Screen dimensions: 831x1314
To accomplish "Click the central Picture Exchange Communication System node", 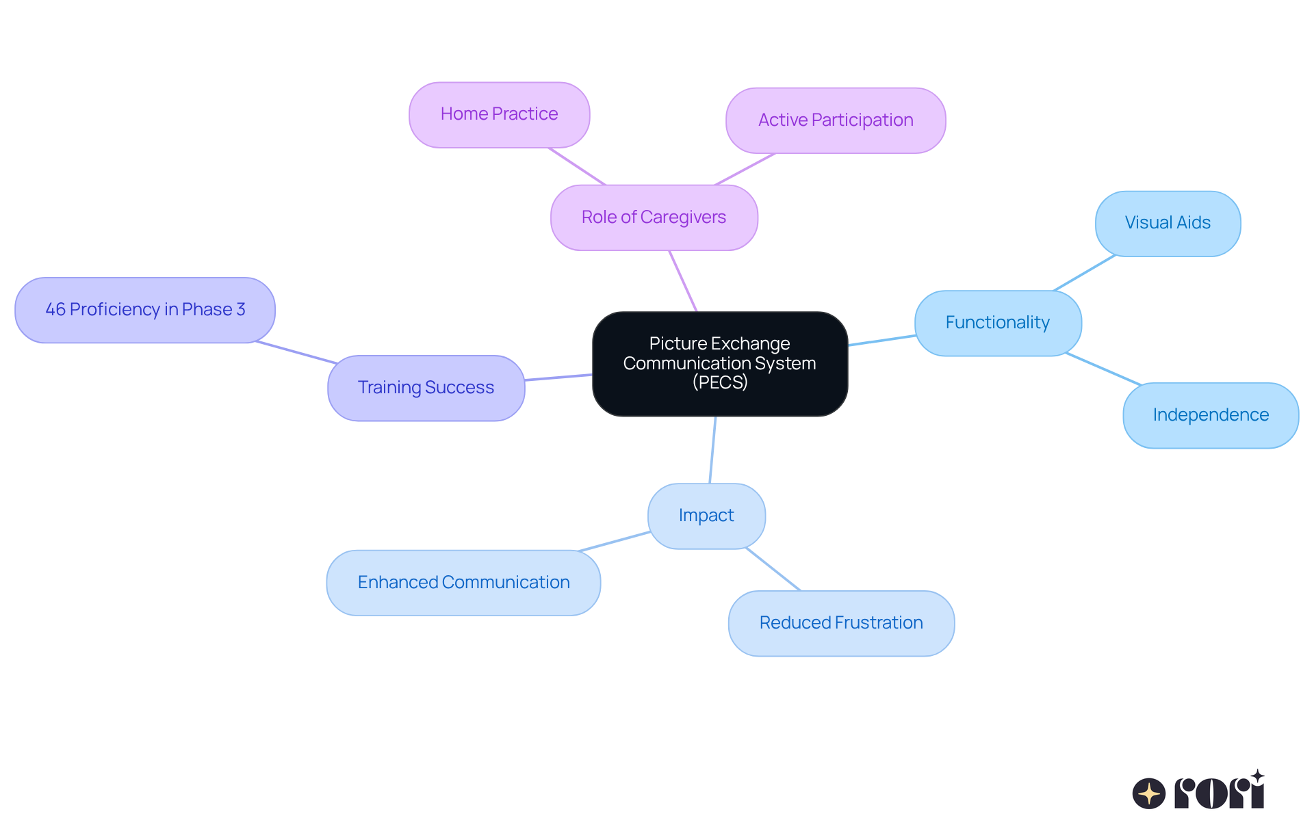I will click(x=719, y=363).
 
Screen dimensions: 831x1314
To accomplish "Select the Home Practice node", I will click(x=499, y=114).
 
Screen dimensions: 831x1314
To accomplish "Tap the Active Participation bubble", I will click(x=835, y=120).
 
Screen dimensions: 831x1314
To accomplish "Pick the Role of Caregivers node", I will click(x=654, y=217).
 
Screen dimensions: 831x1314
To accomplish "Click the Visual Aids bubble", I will click(x=1168, y=223).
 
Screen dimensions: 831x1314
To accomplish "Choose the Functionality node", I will click(x=997, y=323).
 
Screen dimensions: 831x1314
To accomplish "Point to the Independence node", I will click(x=1210, y=415).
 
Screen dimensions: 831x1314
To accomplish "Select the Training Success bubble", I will click(x=426, y=388).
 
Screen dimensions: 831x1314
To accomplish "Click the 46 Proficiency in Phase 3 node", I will click(x=145, y=310).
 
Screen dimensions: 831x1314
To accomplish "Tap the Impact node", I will click(x=706, y=516).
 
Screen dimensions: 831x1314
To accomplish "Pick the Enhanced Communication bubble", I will click(x=463, y=583).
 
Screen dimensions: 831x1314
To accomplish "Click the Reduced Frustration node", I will click(x=841, y=623).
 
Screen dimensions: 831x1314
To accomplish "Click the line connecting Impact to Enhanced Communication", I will click(x=615, y=541).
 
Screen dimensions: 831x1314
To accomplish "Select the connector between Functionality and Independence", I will click(x=1103, y=369).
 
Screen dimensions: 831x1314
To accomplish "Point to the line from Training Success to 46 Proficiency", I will click(x=296, y=352).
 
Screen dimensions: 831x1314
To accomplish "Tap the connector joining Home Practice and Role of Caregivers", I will click(x=577, y=166).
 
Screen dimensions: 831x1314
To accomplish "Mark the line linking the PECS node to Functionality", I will click(x=881, y=340).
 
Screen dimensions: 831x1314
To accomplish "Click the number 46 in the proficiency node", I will click(x=55, y=310).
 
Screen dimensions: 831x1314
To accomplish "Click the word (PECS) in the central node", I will click(x=719, y=382).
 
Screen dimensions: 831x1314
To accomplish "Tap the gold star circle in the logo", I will click(x=1148, y=794).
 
